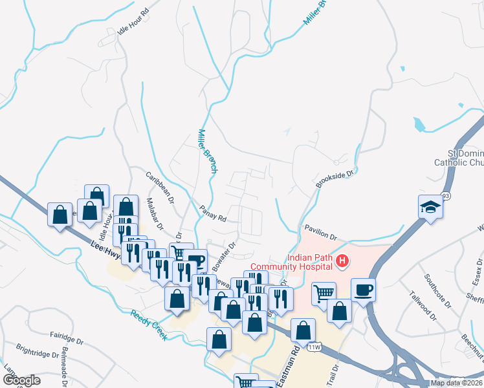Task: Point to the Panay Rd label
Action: pos(212,214)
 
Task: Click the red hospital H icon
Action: pos(343,262)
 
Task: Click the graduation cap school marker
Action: pos(429,206)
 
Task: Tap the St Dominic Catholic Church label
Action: pos(456,157)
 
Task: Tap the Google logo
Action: pos(21,380)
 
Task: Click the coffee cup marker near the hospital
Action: pos(363,290)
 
